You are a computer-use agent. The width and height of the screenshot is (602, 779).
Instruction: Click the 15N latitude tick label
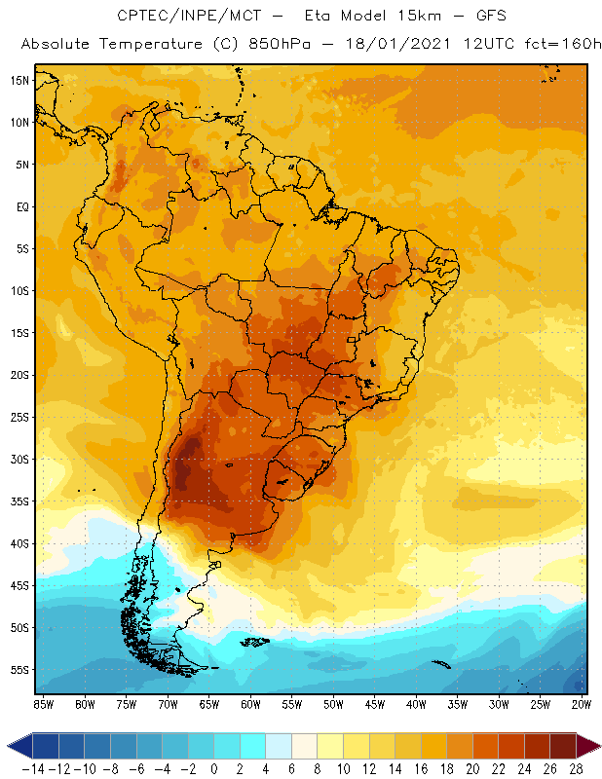click(19, 80)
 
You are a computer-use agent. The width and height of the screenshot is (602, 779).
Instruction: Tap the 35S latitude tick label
click(19, 501)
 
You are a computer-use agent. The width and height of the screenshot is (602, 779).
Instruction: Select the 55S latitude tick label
click(19, 670)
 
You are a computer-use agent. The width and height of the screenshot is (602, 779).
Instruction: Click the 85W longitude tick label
click(43, 703)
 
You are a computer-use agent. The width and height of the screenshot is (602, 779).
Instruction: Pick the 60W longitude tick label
click(250, 703)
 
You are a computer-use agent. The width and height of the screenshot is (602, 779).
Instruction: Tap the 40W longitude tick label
click(417, 703)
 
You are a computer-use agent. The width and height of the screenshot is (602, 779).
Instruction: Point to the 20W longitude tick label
click(583, 703)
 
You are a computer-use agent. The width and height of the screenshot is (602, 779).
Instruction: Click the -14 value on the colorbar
click(33, 768)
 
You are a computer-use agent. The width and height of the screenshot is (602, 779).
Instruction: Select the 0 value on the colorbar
click(214, 768)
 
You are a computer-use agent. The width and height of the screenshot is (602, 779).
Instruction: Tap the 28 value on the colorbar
click(575, 768)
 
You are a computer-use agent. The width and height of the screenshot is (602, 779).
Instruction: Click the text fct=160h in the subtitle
click(555, 45)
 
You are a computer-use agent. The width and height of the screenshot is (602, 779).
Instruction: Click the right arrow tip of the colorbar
click(596, 747)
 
